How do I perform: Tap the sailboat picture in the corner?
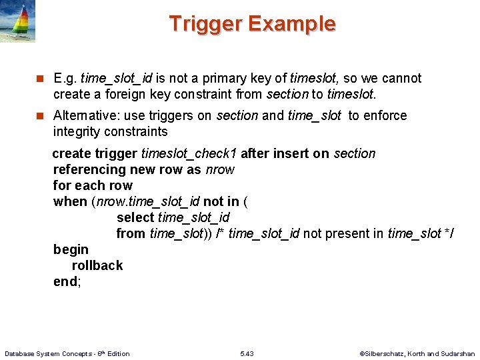coord(18,21)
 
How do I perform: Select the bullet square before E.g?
coord(39,79)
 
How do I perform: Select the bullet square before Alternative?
coord(39,116)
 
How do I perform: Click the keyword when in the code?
coord(70,201)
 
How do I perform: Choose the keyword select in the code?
coord(135,217)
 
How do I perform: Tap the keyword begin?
coord(71,249)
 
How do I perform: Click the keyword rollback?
coord(97,265)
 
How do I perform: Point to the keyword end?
coord(67,281)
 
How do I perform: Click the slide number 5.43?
coord(247,353)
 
